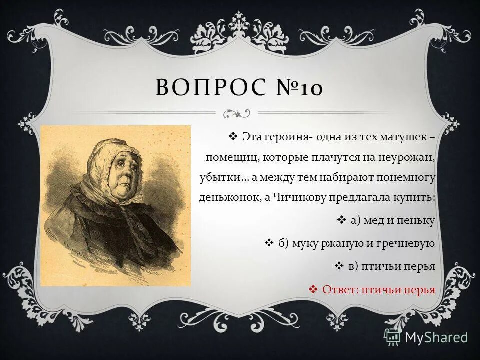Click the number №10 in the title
pyautogui.click(x=298, y=88)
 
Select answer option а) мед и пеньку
pyautogui.click(x=393, y=220)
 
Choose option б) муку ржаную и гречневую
pyautogui.click(x=356, y=243)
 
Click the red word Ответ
pyautogui.click(x=339, y=289)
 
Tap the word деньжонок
pyautogui.click(x=227, y=197)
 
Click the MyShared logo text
pyautogui.click(x=436, y=337)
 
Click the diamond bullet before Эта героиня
pyautogui.click(x=233, y=136)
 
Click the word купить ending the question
pyautogui.click(x=418, y=197)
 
